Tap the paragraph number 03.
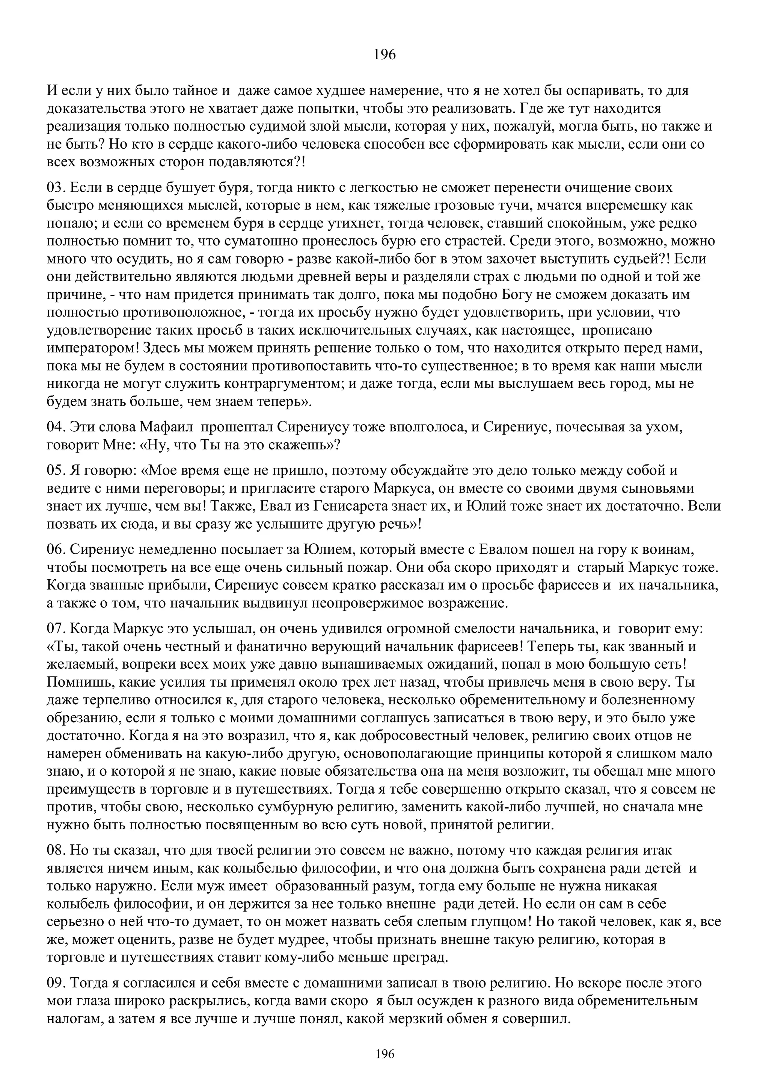tap(56, 188)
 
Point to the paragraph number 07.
tap(56, 629)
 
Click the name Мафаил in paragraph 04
tap(167, 427)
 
